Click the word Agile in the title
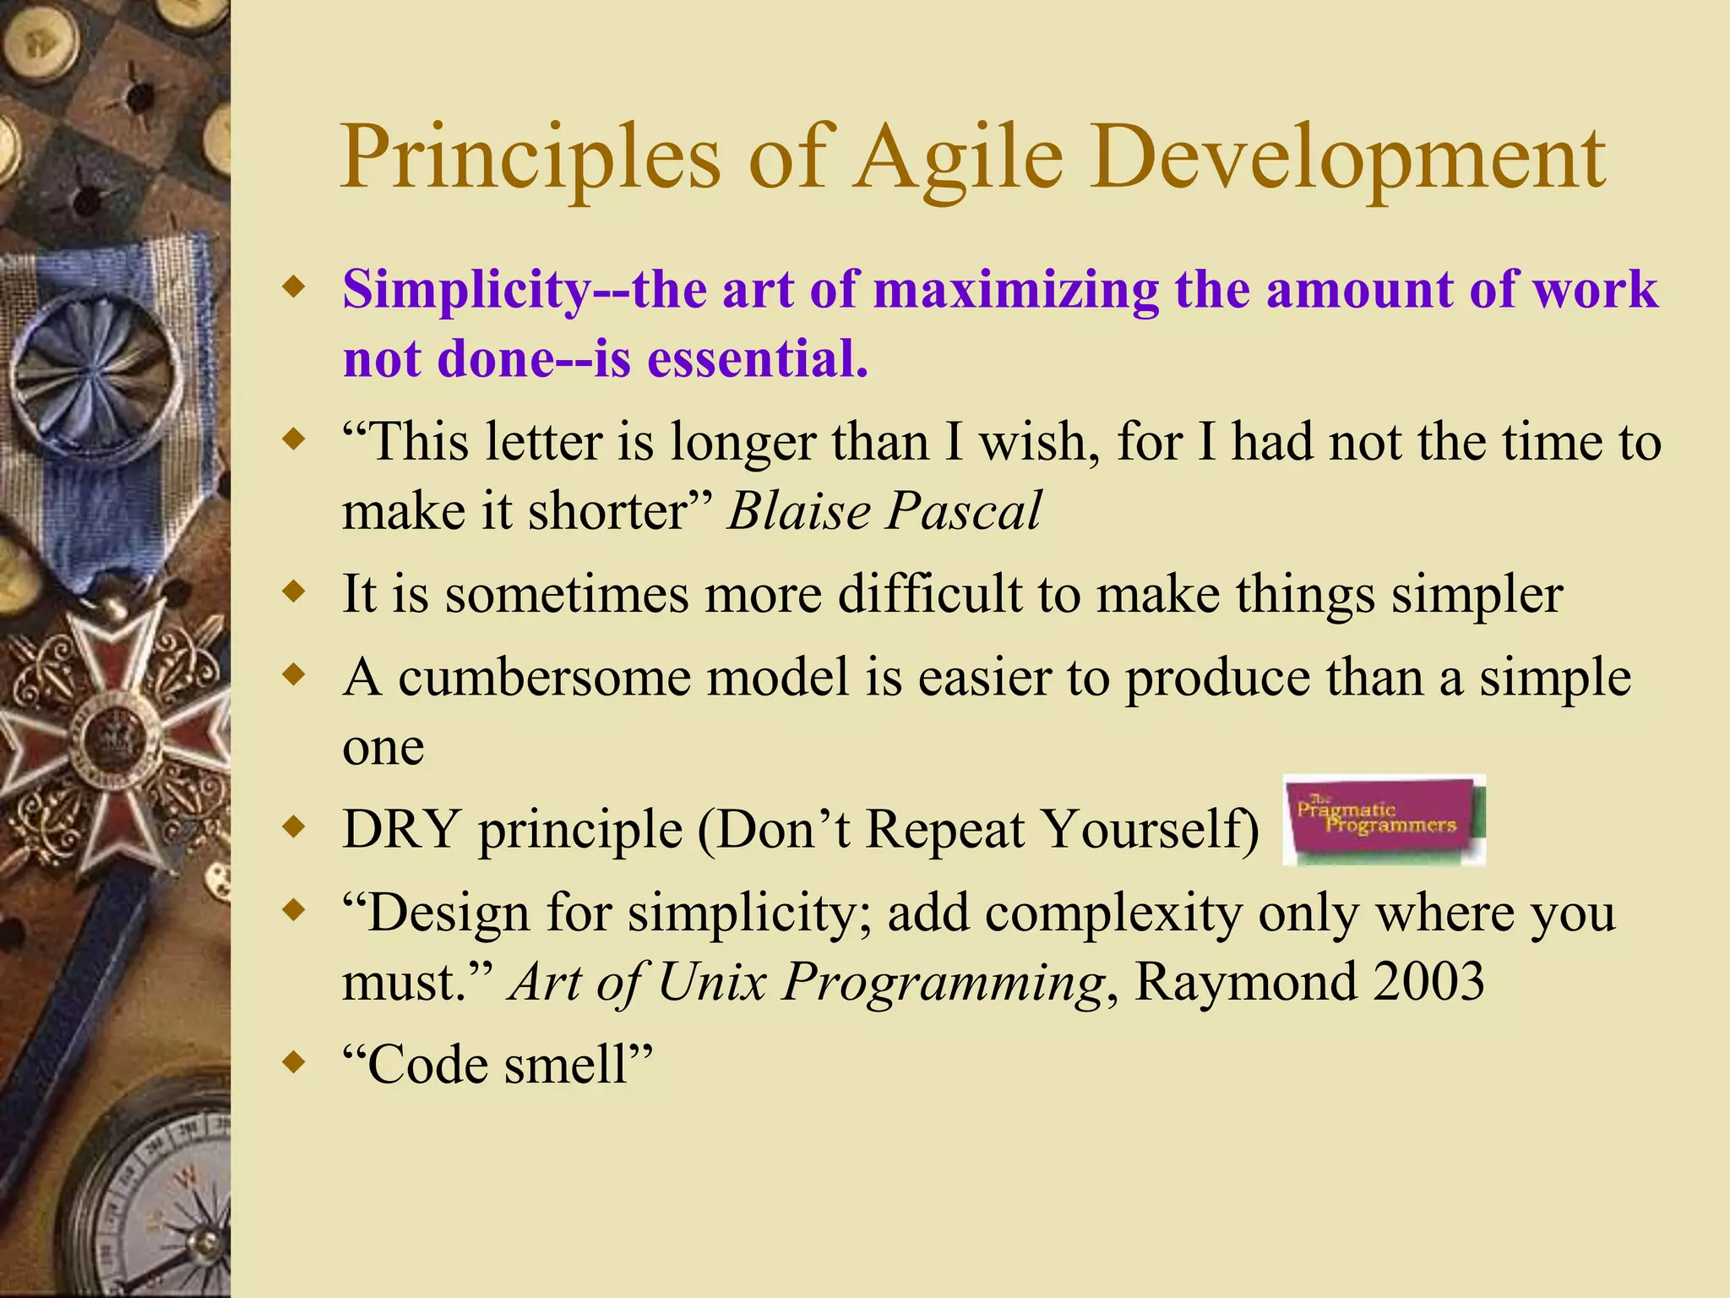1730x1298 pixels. pos(958,157)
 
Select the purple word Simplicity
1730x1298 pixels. pos(466,290)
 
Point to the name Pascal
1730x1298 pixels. pos(964,511)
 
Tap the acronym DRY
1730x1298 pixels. pos(401,829)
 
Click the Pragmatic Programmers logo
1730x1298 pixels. pos(1383,820)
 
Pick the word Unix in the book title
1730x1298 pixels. pos(711,982)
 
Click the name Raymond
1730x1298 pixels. pos(1245,982)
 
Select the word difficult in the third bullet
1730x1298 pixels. pos(929,594)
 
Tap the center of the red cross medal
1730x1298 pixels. pos(110,735)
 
